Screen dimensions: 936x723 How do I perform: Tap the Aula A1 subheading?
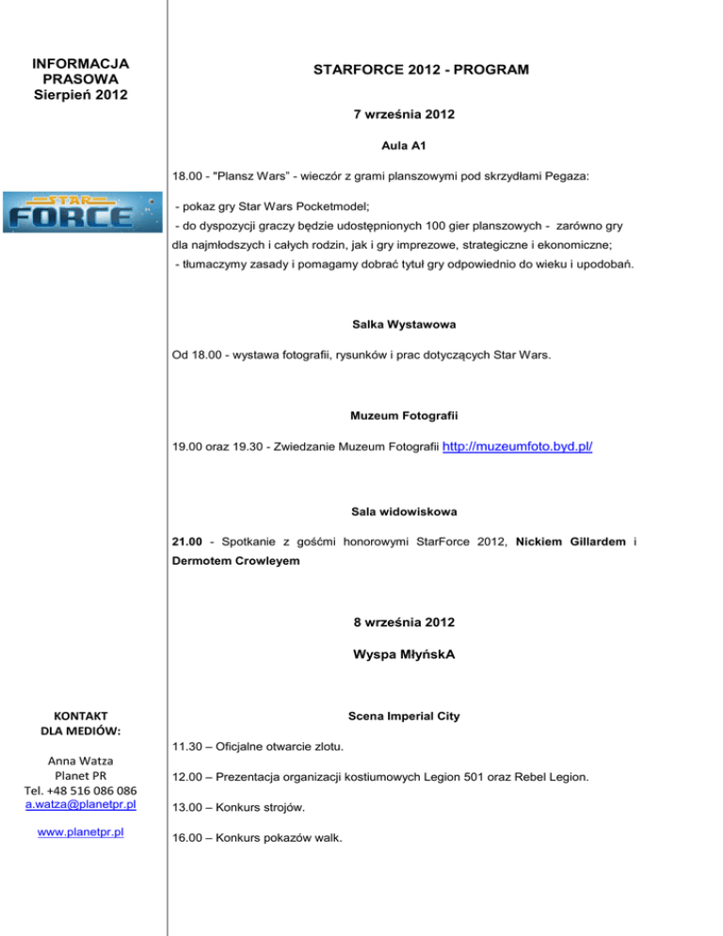[x=404, y=148]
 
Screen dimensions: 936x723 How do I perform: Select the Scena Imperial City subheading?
[x=404, y=716]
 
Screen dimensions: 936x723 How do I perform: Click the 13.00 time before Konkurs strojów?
[x=186, y=807]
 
